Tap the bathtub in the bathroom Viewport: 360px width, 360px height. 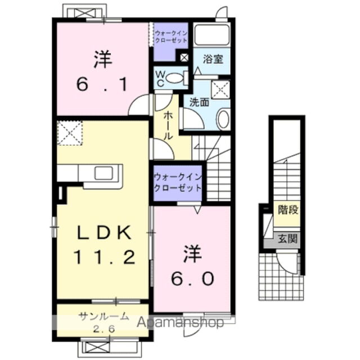[211, 35]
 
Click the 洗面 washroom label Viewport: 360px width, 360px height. [199, 102]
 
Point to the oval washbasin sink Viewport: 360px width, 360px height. [223, 119]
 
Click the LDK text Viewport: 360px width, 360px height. [103, 232]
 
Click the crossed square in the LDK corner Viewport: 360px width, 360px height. [69, 133]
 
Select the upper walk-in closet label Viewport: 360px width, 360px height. [172, 38]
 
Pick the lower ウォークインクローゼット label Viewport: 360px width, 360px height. [177, 181]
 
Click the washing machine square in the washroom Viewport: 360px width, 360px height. [219, 89]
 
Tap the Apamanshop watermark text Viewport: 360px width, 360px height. [180, 323]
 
